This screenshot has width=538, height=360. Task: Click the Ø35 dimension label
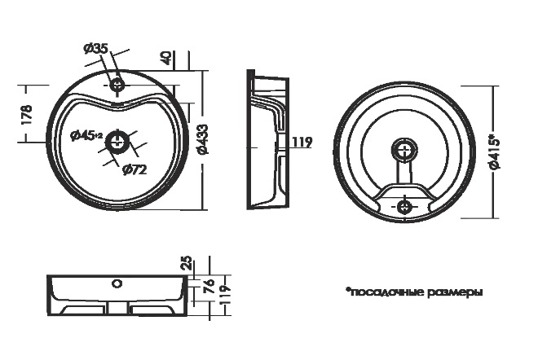coord(96,49)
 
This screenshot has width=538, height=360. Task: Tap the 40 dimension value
coord(167,58)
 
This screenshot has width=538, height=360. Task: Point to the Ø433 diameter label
coord(203,139)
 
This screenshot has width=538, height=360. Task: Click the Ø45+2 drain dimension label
coord(86,135)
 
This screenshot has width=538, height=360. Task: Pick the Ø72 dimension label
coord(134,169)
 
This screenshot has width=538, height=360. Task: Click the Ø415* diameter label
coord(495,153)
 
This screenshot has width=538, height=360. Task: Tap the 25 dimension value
coord(187,263)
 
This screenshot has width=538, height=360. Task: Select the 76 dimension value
coord(209,286)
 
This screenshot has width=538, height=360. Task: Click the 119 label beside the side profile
coord(302,142)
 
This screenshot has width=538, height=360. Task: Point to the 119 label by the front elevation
coord(225,295)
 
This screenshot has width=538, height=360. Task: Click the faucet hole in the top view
coord(117,84)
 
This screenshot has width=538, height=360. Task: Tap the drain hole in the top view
coord(117,142)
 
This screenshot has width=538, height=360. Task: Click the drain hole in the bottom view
coord(405,150)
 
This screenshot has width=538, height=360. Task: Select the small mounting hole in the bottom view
coord(404,206)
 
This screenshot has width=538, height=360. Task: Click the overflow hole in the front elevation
coord(117,283)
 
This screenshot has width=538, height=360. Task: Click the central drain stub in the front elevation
coord(117,308)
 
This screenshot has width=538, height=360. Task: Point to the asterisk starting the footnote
coord(347,290)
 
